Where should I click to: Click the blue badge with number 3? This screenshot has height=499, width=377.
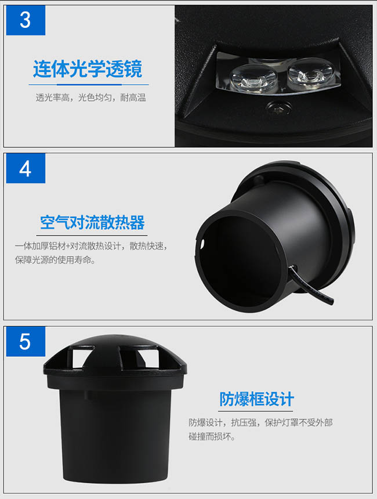tap(26, 20)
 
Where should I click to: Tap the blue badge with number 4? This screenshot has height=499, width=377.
tap(26, 168)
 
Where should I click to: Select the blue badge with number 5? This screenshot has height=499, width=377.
tap(26, 342)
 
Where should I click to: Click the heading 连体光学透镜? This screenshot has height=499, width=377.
tap(88, 68)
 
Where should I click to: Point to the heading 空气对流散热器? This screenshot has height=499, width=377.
tap(92, 222)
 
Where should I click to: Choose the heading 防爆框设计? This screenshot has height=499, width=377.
tap(256, 399)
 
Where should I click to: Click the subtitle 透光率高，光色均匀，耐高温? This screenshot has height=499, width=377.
tap(90, 97)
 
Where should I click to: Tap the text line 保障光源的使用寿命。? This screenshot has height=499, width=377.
tap(55, 260)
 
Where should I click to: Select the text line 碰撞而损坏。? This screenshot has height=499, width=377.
tap(212, 436)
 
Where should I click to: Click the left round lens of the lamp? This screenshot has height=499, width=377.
tap(252, 77)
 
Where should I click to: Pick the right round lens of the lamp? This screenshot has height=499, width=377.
tap(310, 74)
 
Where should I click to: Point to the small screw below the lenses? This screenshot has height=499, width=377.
tap(279, 108)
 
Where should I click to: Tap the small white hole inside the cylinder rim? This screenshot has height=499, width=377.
tap(202, 244)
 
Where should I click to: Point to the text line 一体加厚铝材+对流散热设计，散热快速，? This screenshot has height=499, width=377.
tap(91, 246)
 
